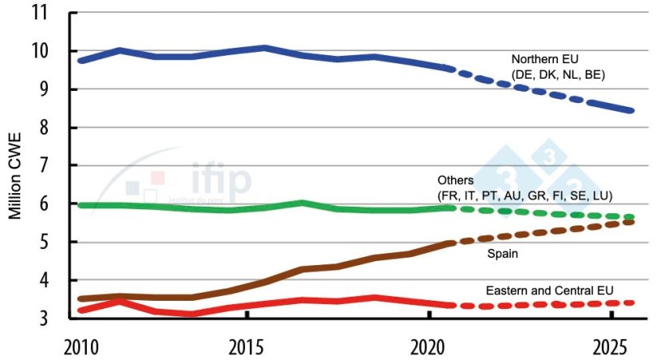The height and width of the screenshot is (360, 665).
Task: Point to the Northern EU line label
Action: pos(543,60)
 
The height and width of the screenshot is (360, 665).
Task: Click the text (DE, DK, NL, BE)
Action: pos(558,75)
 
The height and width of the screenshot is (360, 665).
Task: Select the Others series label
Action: pos(455,180)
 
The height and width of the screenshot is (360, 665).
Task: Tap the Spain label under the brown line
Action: pos(503,254)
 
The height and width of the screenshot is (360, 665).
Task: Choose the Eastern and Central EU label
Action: pos(549,290)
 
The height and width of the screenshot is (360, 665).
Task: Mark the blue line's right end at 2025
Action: pos(631,110)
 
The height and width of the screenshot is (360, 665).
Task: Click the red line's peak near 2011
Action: pos(120,302)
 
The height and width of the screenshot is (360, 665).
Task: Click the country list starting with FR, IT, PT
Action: pos(525,195)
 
